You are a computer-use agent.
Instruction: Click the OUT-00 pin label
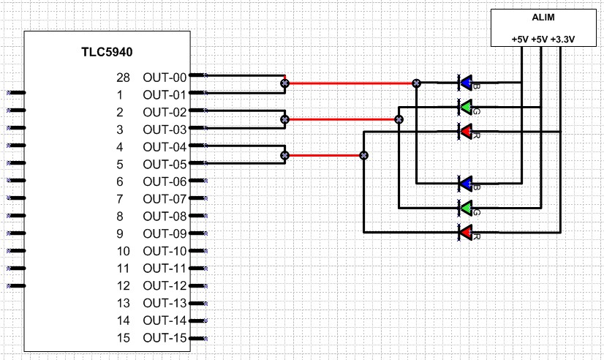(165, 77)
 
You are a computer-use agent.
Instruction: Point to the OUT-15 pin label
(165, 338)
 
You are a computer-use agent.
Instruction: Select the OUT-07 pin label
(165, 199)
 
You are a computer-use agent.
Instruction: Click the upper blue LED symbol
(466, 83)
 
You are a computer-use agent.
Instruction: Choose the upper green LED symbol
(466, 107)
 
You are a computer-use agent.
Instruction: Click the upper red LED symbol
(466, 131)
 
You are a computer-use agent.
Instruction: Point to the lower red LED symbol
(466, 232)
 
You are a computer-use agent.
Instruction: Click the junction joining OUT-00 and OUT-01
(284, 83)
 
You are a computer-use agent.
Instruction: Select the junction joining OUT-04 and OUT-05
(284, 155)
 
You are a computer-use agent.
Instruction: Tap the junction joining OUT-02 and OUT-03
(284, 119)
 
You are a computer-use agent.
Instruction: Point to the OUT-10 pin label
(165, 251)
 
